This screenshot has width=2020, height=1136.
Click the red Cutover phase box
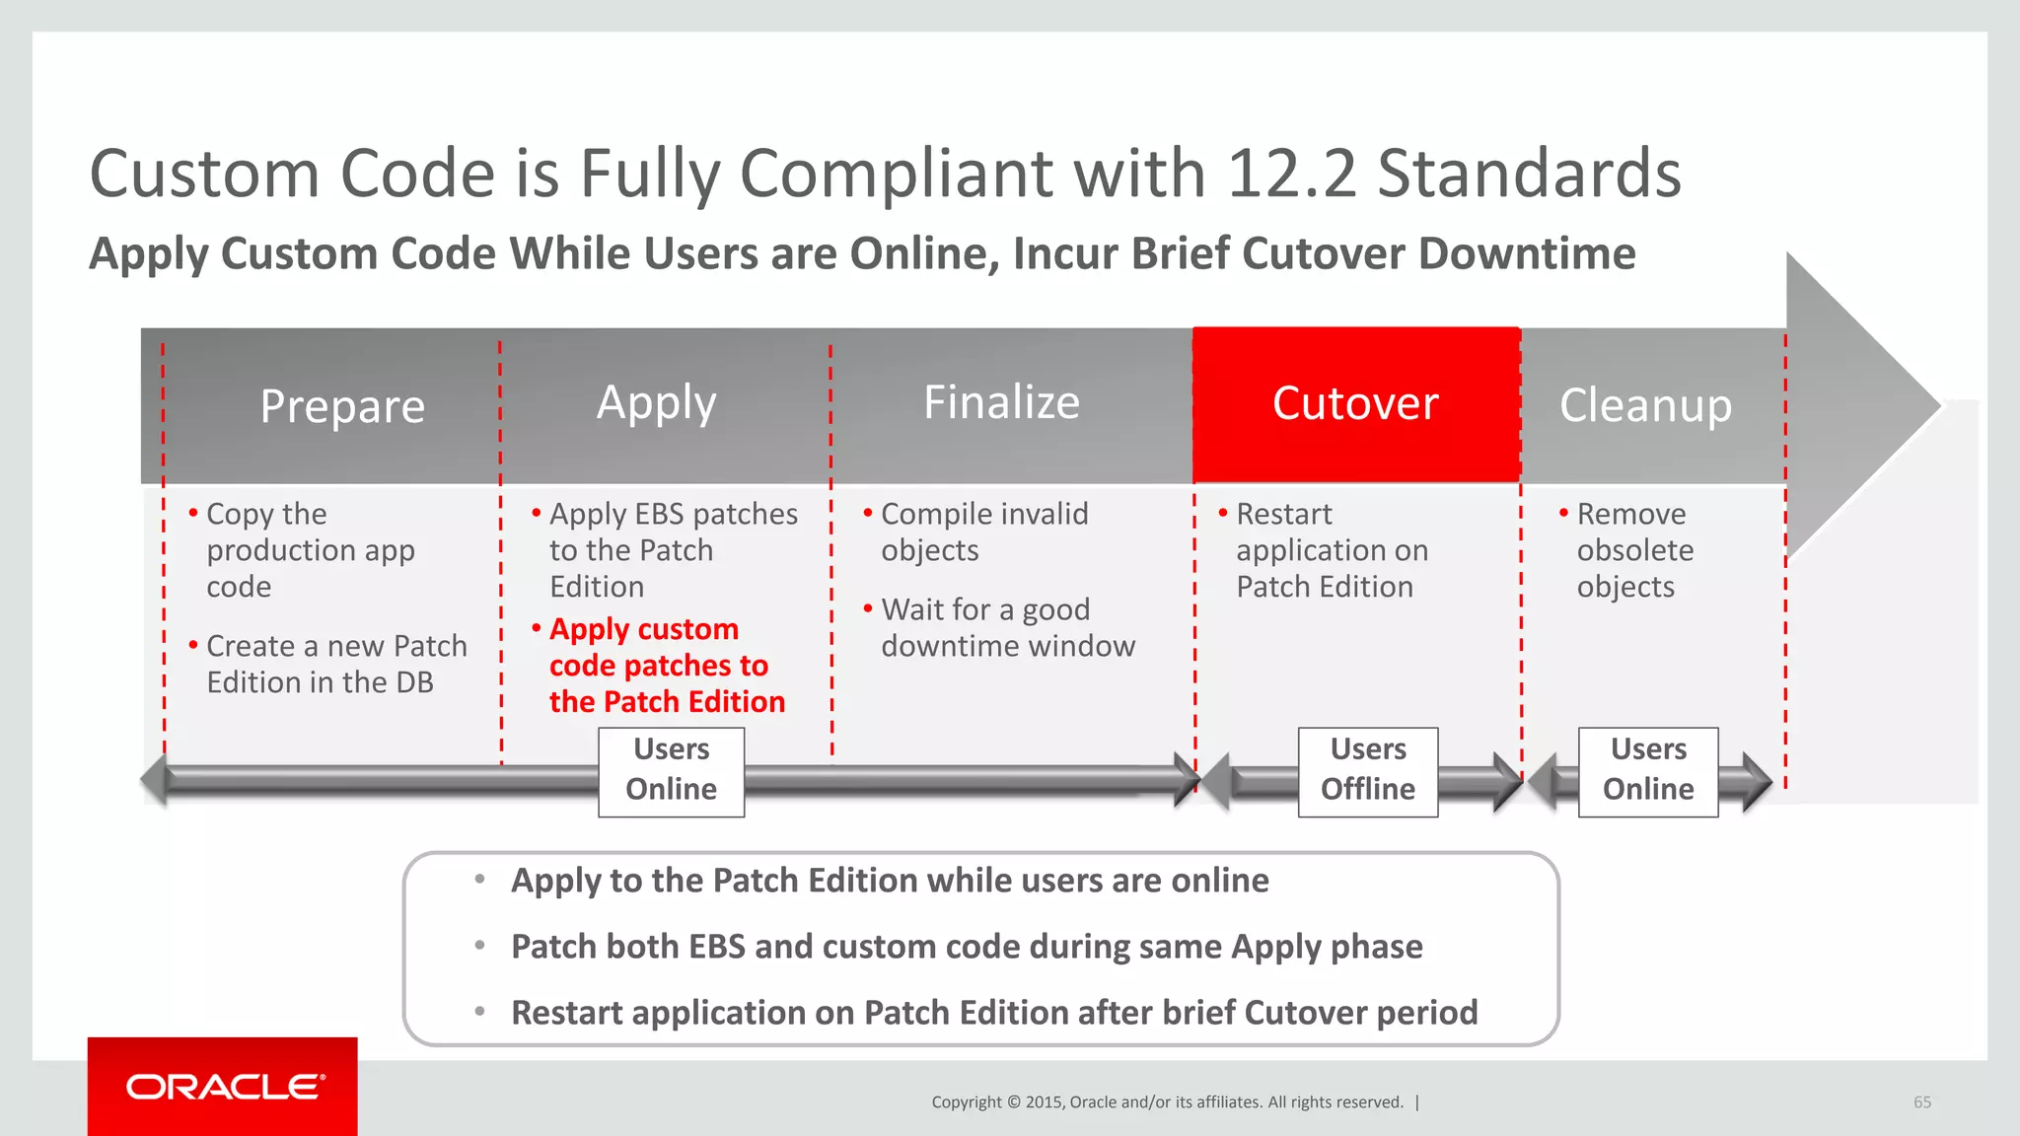[x=1356, y=404]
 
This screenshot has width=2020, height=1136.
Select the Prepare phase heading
[x=342, y=406]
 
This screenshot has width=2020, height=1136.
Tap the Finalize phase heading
[x=1001, y=402]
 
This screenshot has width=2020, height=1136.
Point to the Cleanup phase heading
[x=1645, y=405]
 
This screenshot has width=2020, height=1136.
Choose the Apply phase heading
[x=656, y=403]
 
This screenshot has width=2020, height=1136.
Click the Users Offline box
[x=1368, y=771]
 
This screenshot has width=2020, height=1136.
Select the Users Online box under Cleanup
[x=1648, y=771]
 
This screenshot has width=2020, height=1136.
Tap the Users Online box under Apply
[x=671, y=771]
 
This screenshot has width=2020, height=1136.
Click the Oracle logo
[x=223, y=1087]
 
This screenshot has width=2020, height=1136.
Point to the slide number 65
[x=1922, y=1102]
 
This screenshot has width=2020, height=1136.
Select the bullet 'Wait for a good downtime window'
[x=1007, y=628]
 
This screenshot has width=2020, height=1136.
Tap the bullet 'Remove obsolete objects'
[x=1634, y=550]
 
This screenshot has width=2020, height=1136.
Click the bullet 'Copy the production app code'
[x=310, y=550]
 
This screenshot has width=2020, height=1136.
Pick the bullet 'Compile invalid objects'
[x=983, y=532]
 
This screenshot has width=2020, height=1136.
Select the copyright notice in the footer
[x=1167, y=1102]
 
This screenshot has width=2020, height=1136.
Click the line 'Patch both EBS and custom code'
[x=966, y=947]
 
